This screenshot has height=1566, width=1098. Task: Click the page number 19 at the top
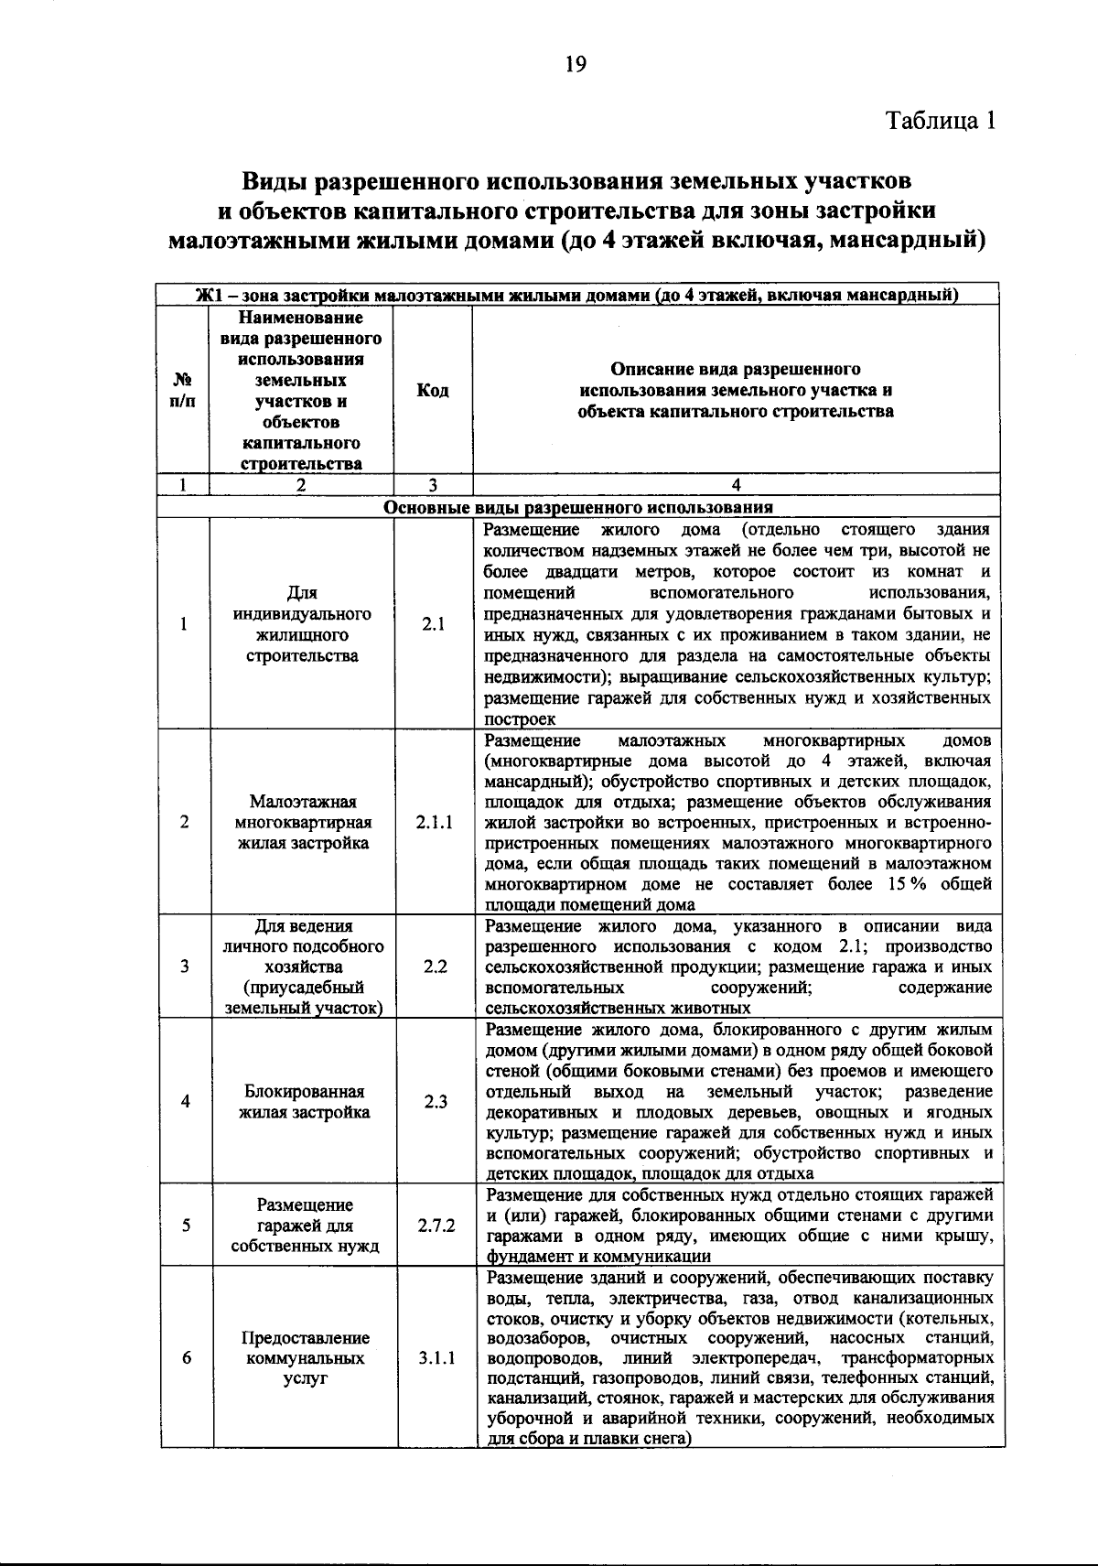pyautogui.click(x=575, y=63)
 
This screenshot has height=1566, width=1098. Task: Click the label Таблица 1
pyautogui.click(x=939, y=120)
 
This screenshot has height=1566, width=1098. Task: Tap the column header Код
pyautogui.click(x=433, y=391)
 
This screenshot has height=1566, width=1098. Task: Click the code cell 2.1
pyautogui.click(x=433, y=624)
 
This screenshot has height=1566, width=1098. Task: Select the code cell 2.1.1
pyautogui.click(x=434, y=822)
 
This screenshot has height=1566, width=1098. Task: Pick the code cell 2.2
pyautogui.click(x=435, y=967)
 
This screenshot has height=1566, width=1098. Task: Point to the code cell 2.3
pyautogui.click(x=435, y=1102)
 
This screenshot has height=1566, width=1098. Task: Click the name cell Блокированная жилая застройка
pyautogui.click(x=304, y=1102)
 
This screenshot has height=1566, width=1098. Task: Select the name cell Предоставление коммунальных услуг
pyautogui.click(x=305, y=1358)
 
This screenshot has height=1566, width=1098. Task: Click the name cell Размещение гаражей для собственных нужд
pyautogui.click(x=305, y=1226)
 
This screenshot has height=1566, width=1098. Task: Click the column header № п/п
pyautogui.click(x=183, y=391)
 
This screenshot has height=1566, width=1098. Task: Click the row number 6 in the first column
pyautogui.click(x=186, y=1358)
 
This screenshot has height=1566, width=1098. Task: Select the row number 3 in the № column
pyautogui.click(x=185, y=967)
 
